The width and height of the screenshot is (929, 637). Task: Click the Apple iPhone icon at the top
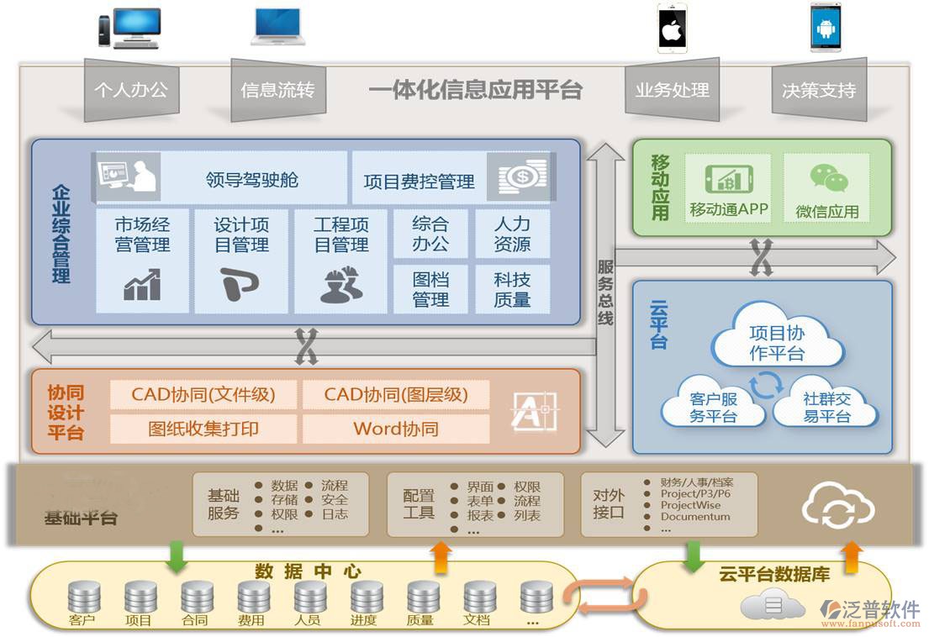(672, 28)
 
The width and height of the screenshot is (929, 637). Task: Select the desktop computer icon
(129, 28)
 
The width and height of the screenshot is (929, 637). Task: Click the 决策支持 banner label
(818, 90)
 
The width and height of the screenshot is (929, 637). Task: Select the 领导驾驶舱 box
(251, 179)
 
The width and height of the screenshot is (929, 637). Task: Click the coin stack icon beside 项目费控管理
(522, 176)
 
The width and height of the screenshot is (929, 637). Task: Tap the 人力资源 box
(512, 234)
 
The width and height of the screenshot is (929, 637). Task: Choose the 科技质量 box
(512, 289)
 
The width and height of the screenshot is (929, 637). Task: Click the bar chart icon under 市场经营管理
(142, 285)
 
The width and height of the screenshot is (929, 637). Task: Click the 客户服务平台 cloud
(713, 406)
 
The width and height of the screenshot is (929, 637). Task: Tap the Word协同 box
(396, 429)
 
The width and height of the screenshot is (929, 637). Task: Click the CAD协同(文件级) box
(203, 394)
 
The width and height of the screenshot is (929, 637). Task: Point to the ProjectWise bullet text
(690, 505)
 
